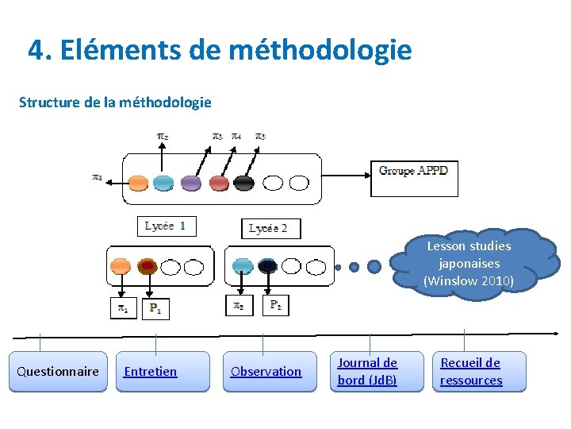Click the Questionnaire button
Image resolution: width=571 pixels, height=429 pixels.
pos(58,372)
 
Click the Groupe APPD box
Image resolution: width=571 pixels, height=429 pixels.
pos(414,178)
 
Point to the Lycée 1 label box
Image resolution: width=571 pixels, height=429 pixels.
pos(166,226)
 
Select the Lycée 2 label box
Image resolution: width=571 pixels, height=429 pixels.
pos(270,229)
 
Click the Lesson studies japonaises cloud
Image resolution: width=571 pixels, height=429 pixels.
pos(469,264)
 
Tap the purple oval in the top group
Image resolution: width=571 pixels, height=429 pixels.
pos(191,183)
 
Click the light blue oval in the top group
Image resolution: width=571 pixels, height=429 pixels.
pos(163,183)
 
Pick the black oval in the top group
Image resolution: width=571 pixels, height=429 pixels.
pos(244,183)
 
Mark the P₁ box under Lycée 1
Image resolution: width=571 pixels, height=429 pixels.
pos(155,308)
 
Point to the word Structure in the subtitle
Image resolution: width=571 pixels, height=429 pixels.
pos(49,102)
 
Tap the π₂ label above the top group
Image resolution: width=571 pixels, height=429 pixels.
pos(161,137)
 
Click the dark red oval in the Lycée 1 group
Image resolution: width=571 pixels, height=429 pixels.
pos(147,266)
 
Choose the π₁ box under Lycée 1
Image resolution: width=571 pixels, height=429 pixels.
pos(124,308)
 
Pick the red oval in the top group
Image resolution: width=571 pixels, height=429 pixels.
pos(219,183)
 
